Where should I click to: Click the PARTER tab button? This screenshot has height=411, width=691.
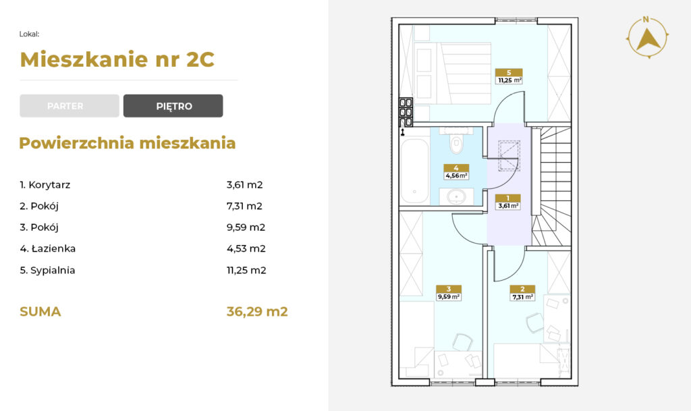point(70,106)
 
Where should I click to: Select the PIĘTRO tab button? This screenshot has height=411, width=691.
point(173,106)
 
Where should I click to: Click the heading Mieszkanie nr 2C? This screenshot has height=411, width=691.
point(117,59)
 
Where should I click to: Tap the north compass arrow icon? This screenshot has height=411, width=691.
point(647,38)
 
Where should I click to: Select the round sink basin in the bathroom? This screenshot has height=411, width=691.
point(457,196)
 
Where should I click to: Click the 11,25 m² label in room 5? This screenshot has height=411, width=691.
point(509,80)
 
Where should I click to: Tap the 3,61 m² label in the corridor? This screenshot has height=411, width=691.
point(508,206)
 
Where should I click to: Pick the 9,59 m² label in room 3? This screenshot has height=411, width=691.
point(449,297)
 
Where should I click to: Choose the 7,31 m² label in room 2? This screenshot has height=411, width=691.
point(523,297)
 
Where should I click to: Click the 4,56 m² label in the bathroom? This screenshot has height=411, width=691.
point(456,175)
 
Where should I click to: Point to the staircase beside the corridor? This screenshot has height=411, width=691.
point(551,186)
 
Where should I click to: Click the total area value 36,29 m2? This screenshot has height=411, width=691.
point(257,311)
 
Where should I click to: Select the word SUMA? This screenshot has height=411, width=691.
point(40,311)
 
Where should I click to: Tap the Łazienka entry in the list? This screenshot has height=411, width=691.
point(48,248)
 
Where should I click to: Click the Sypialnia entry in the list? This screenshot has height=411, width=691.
point(47,270)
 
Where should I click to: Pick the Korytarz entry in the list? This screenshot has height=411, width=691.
point(45,184)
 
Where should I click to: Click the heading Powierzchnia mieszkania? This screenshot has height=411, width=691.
point(128,143)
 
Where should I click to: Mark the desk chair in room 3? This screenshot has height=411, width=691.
point(462,343)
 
